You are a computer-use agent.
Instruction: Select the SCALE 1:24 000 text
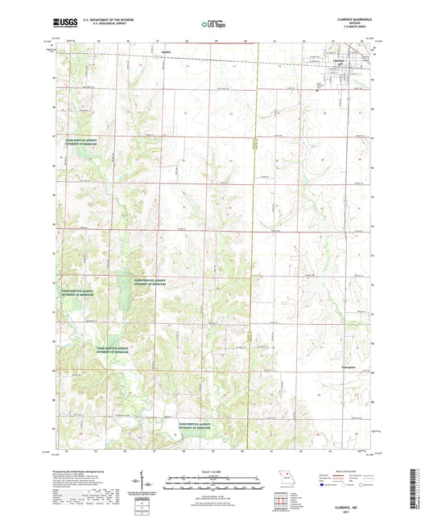coord(214,471)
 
